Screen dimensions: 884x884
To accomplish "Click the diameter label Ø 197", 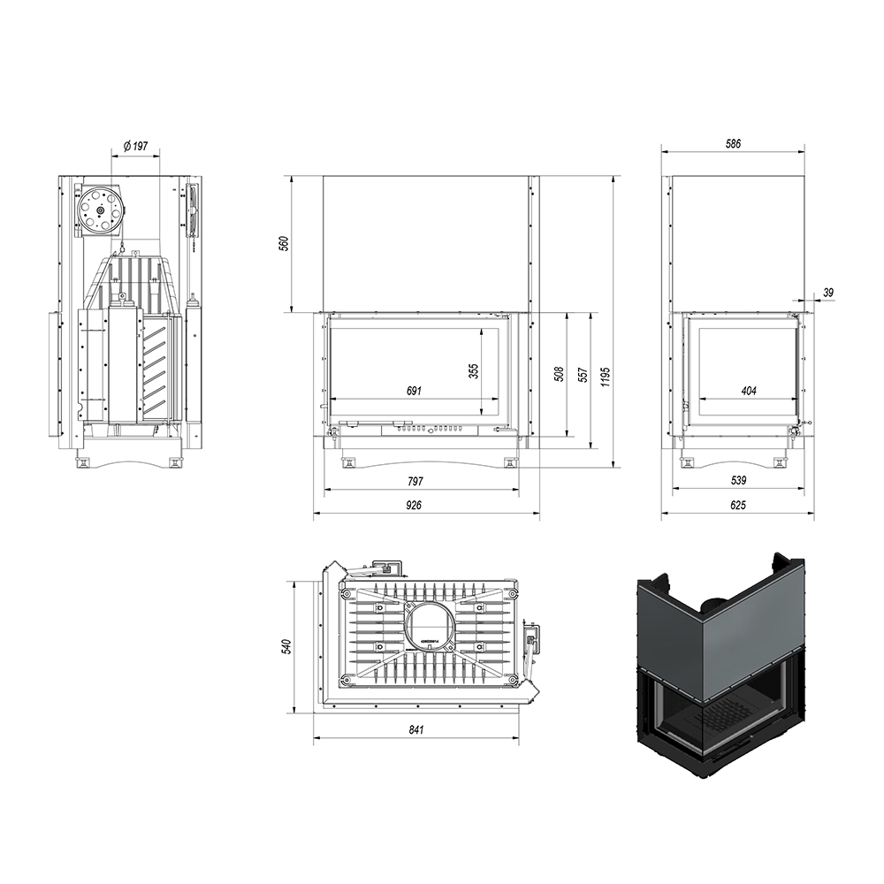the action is [135, 146].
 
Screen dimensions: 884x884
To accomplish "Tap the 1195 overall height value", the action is [605, 377].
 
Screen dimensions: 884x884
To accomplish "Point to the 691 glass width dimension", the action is [414, 391].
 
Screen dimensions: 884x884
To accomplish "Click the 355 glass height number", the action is [474, 370].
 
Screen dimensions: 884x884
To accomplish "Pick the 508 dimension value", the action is [559, 374].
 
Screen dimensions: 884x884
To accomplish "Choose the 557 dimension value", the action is [583, 376].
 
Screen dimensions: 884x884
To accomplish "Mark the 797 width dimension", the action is [415, 481].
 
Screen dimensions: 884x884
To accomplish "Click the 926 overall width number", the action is [414, 505].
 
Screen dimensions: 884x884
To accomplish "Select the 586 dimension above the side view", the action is [732, 144].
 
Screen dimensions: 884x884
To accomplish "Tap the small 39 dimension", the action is [828, 292].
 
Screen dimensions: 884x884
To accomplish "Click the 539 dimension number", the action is [738, 480].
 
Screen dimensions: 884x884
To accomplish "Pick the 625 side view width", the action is [737, 505].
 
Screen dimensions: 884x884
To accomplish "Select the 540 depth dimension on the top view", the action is [287, 646].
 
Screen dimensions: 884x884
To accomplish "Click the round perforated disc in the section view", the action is [99, 210].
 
